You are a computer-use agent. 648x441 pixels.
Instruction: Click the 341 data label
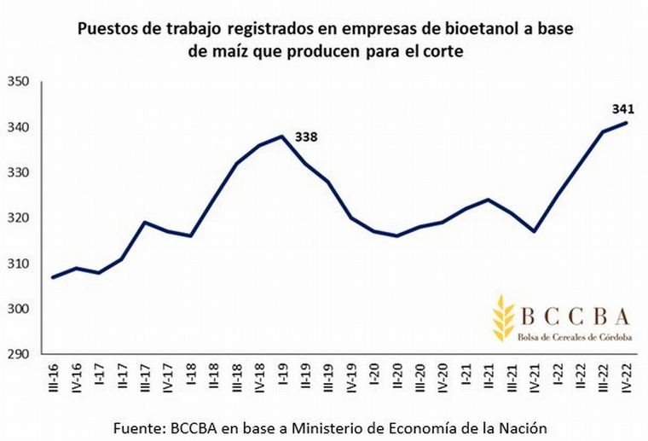(x=622, y=109)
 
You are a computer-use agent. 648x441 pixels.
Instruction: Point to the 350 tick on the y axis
(x=19, y=82)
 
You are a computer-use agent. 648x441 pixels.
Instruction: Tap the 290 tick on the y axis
(x=19, y=354)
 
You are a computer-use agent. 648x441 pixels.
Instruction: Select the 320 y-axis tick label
(x=19, y=218)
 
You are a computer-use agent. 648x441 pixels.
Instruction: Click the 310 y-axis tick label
(x=19, y=264)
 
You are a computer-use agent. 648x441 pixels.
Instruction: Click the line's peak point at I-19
(x=282, y=136)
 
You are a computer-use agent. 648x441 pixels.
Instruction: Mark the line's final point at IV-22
(x=628, y=123)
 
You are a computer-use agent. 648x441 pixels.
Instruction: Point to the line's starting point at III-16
(x=54, y=277)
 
